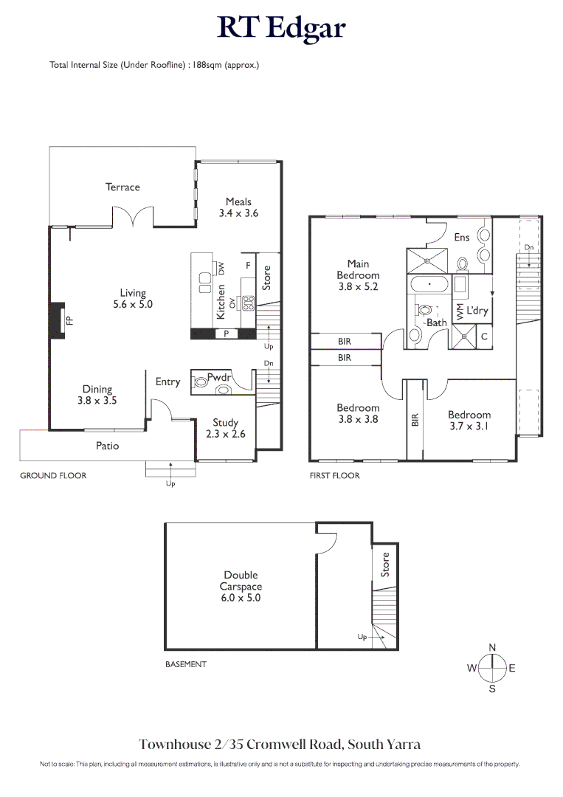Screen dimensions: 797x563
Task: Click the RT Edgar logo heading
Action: coord(281,28)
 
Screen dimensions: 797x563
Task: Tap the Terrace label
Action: coord(122,187)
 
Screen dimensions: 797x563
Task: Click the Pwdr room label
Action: coord(219,377)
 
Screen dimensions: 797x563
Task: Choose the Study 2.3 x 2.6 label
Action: coord(225,429)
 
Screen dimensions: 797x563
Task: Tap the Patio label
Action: coord(107,446)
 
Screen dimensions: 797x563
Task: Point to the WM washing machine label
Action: coord(460,311)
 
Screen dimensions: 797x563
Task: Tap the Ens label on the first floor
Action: coord(461,238)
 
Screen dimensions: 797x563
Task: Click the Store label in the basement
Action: coord(384,565)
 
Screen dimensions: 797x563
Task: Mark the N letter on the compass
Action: coord(492,647)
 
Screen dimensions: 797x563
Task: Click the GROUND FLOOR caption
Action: coord(53,475)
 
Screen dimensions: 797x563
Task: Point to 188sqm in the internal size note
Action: coord(207,65)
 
